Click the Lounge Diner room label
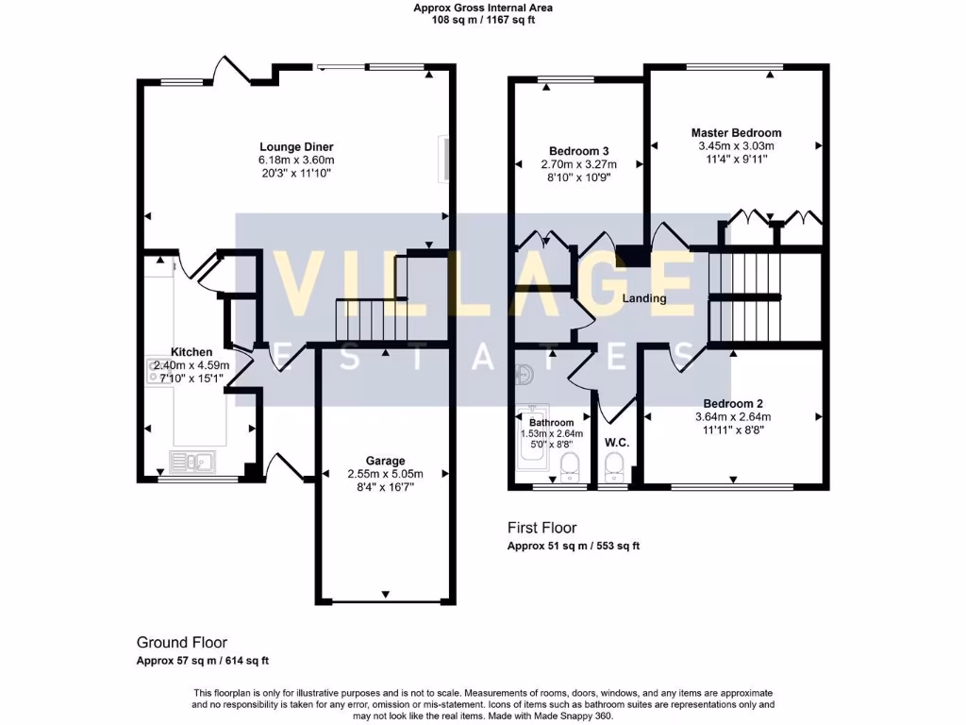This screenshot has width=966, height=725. [296, 146]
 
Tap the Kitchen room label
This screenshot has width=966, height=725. [192, 352]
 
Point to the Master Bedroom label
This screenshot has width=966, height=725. [736, 133]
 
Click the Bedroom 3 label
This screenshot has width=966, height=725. [578, 151]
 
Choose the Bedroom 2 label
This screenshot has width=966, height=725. [733, 403]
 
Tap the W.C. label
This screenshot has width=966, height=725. [617, 442]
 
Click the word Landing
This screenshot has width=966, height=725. [644, 298]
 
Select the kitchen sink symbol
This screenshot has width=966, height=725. [192, 462]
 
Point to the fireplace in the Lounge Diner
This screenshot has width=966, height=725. [441, 159]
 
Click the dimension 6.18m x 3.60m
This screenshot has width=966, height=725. [296, 160]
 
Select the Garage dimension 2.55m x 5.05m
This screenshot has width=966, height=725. [385, 474]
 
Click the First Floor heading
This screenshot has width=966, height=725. [541, 528]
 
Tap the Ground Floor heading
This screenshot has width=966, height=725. [182, 642]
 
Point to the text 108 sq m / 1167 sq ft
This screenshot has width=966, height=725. [483, 20]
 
